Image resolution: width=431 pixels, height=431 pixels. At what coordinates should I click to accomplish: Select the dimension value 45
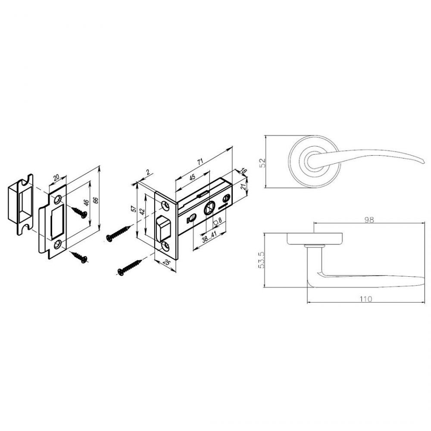[x=192, y=177]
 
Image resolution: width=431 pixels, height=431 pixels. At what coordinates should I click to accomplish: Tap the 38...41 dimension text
[x=209, y=237]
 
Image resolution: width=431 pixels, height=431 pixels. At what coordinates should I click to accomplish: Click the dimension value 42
[x=142, y=212]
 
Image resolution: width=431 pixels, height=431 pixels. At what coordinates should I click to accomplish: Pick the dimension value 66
[x=96, y=200]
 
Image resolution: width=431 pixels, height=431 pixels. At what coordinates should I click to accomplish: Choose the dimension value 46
[x=86, y=203]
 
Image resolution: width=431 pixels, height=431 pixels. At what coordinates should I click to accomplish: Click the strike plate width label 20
[x=56, y=178]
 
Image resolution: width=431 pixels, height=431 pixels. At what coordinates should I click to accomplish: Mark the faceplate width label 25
[x=166, y=262]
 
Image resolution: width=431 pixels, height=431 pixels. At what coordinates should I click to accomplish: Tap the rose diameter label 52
[x=263, y=163]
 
